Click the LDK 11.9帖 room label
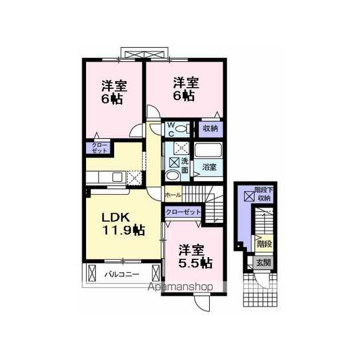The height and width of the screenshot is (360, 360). click(123, 224)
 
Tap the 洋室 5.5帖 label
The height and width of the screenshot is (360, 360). click(195, 256)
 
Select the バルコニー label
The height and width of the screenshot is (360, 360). click(122, 274)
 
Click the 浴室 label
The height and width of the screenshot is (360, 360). click(209, 167)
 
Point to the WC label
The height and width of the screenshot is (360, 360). click(171, 130)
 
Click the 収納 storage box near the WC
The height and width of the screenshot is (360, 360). click(210, 129)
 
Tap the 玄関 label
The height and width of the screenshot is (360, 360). click(264, 263)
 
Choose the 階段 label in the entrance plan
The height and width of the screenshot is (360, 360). click(264, 244)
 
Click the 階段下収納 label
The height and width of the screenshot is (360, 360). click(264, 194)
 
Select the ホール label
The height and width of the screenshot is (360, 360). click(173, 195)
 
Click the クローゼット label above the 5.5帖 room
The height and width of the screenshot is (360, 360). click(183, 211)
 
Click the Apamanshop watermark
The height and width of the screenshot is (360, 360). click(181, 287)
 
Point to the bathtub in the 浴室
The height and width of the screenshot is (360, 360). click(209, 150)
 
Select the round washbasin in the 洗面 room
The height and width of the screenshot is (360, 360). click(173, 176)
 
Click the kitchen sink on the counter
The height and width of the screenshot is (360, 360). click(117, 177)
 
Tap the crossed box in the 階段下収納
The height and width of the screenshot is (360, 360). click(249, 196)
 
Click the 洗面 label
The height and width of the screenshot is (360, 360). click(185, 166)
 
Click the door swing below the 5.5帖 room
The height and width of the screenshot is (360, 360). click(202, 303)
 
